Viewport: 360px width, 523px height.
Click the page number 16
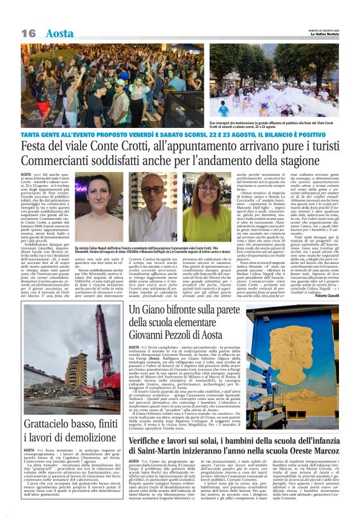[29, 33]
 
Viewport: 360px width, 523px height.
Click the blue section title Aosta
[59, 33]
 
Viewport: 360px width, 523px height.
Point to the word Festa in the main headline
[36, 147]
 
